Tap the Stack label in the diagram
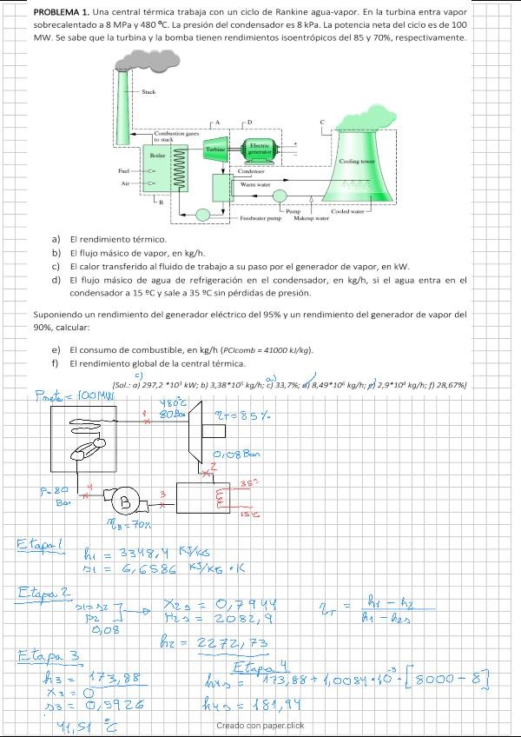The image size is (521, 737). [148, 91]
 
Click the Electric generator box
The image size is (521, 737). [259, 148]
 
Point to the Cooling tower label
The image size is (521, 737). [356, 162]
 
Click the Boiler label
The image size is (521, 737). [158, 154]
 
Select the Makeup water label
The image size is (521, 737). [309, 218]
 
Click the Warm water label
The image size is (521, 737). [255, 184]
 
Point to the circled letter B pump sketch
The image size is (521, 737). [125, 501]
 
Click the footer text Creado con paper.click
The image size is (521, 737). [260, 726]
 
